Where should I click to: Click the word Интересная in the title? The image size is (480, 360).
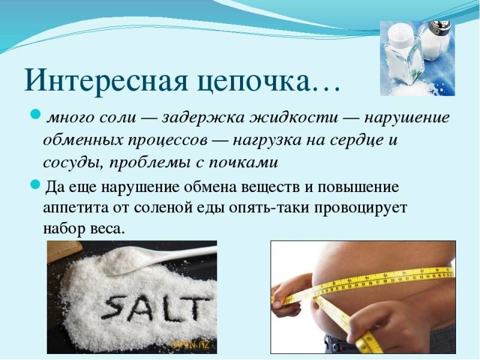pyautogui.click(x=106, y=81)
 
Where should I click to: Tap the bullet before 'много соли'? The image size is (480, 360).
pyautogui.click(x=36, y=114)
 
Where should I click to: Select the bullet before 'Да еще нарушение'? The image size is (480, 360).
pyautogui.click(x=36, y=185)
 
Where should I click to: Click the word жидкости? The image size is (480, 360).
pyautogui.click(x=294, y=117)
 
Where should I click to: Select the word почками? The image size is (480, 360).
pyautogui.click(x=244, y=162)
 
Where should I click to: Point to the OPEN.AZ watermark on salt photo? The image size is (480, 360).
pyautogui.click(x=190, y=344)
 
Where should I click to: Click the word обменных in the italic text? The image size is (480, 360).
pyautogui.click(x=83, y=140)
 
